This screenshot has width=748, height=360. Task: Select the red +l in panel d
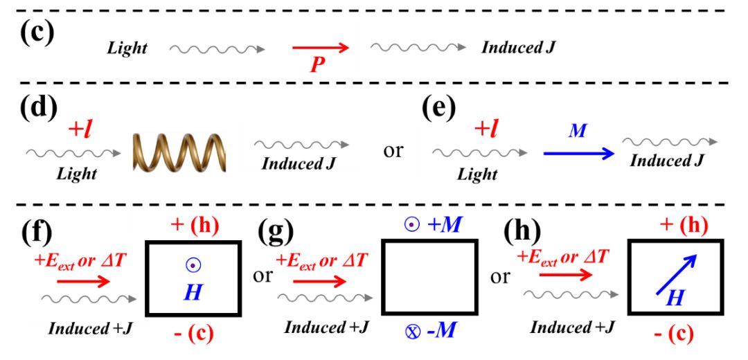(79, 129)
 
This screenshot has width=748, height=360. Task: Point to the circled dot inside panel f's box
(193, 265)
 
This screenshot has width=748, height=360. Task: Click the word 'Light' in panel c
(127, 48)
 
